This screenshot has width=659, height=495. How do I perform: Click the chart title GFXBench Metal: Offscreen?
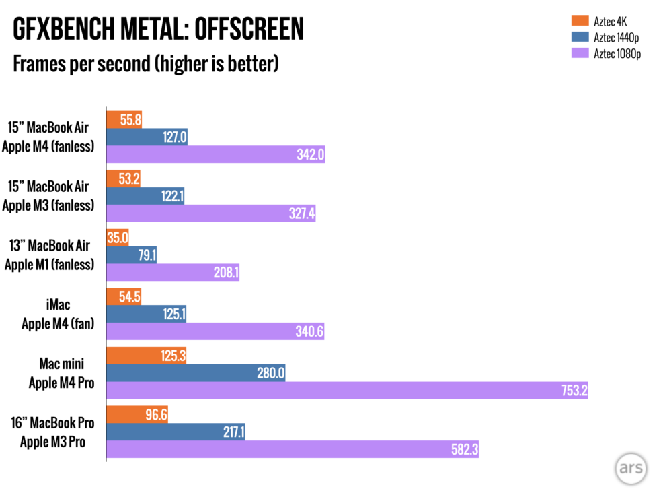pos(159,30)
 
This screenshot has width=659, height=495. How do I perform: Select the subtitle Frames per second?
pos(145,65)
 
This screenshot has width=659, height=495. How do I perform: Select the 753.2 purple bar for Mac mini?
pos(347,390)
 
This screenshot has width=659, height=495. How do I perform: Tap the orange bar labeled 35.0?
pos(118,237)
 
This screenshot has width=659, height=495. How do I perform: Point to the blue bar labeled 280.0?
pos(196,372)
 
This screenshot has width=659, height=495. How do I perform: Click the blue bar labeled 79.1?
pos(131,255)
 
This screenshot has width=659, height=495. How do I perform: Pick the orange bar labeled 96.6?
pos(137,414)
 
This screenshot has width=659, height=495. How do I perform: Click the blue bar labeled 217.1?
pos(176,432)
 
